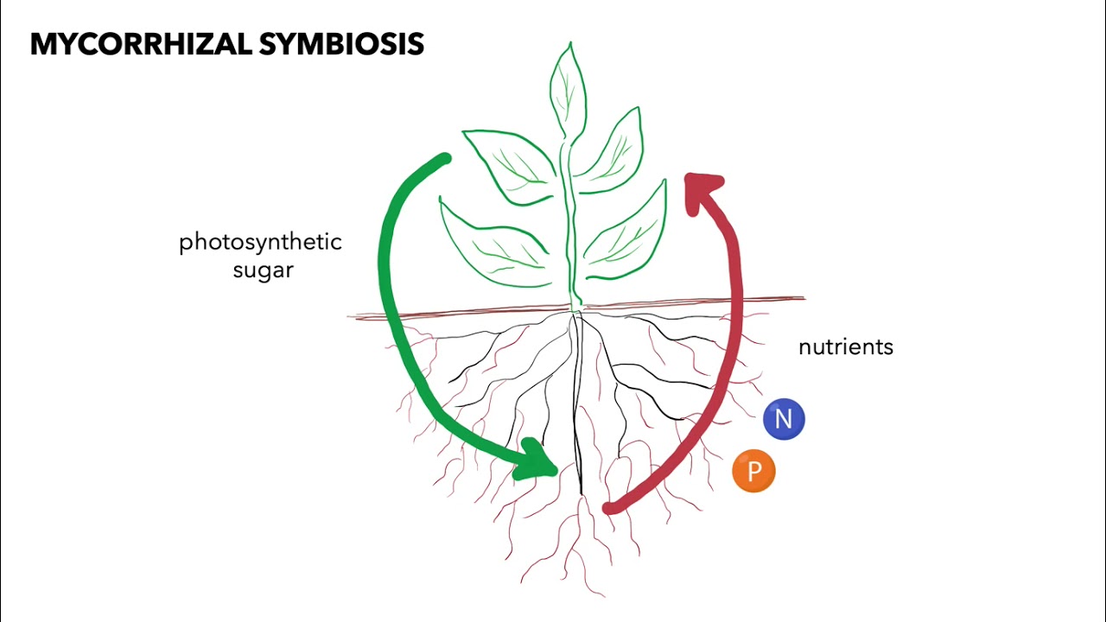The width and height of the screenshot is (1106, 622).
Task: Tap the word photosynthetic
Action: (x=260, y=242)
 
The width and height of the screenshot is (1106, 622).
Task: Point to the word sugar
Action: (x=263, y=270)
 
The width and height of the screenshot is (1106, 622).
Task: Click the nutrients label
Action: (x=845, y=347)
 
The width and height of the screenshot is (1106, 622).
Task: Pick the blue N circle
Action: (x=784, y=419)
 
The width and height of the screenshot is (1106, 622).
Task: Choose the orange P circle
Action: (x=753, y=472)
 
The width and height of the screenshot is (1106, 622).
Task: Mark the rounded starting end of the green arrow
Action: (x=444, y=161)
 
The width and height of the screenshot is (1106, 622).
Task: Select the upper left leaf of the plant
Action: (x=510, y=164)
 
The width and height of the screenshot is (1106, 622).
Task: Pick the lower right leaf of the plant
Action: (x=627, y=238)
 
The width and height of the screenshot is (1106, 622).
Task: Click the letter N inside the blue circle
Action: (x=784, y=419)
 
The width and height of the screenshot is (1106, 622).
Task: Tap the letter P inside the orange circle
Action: (x=753, y=472)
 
